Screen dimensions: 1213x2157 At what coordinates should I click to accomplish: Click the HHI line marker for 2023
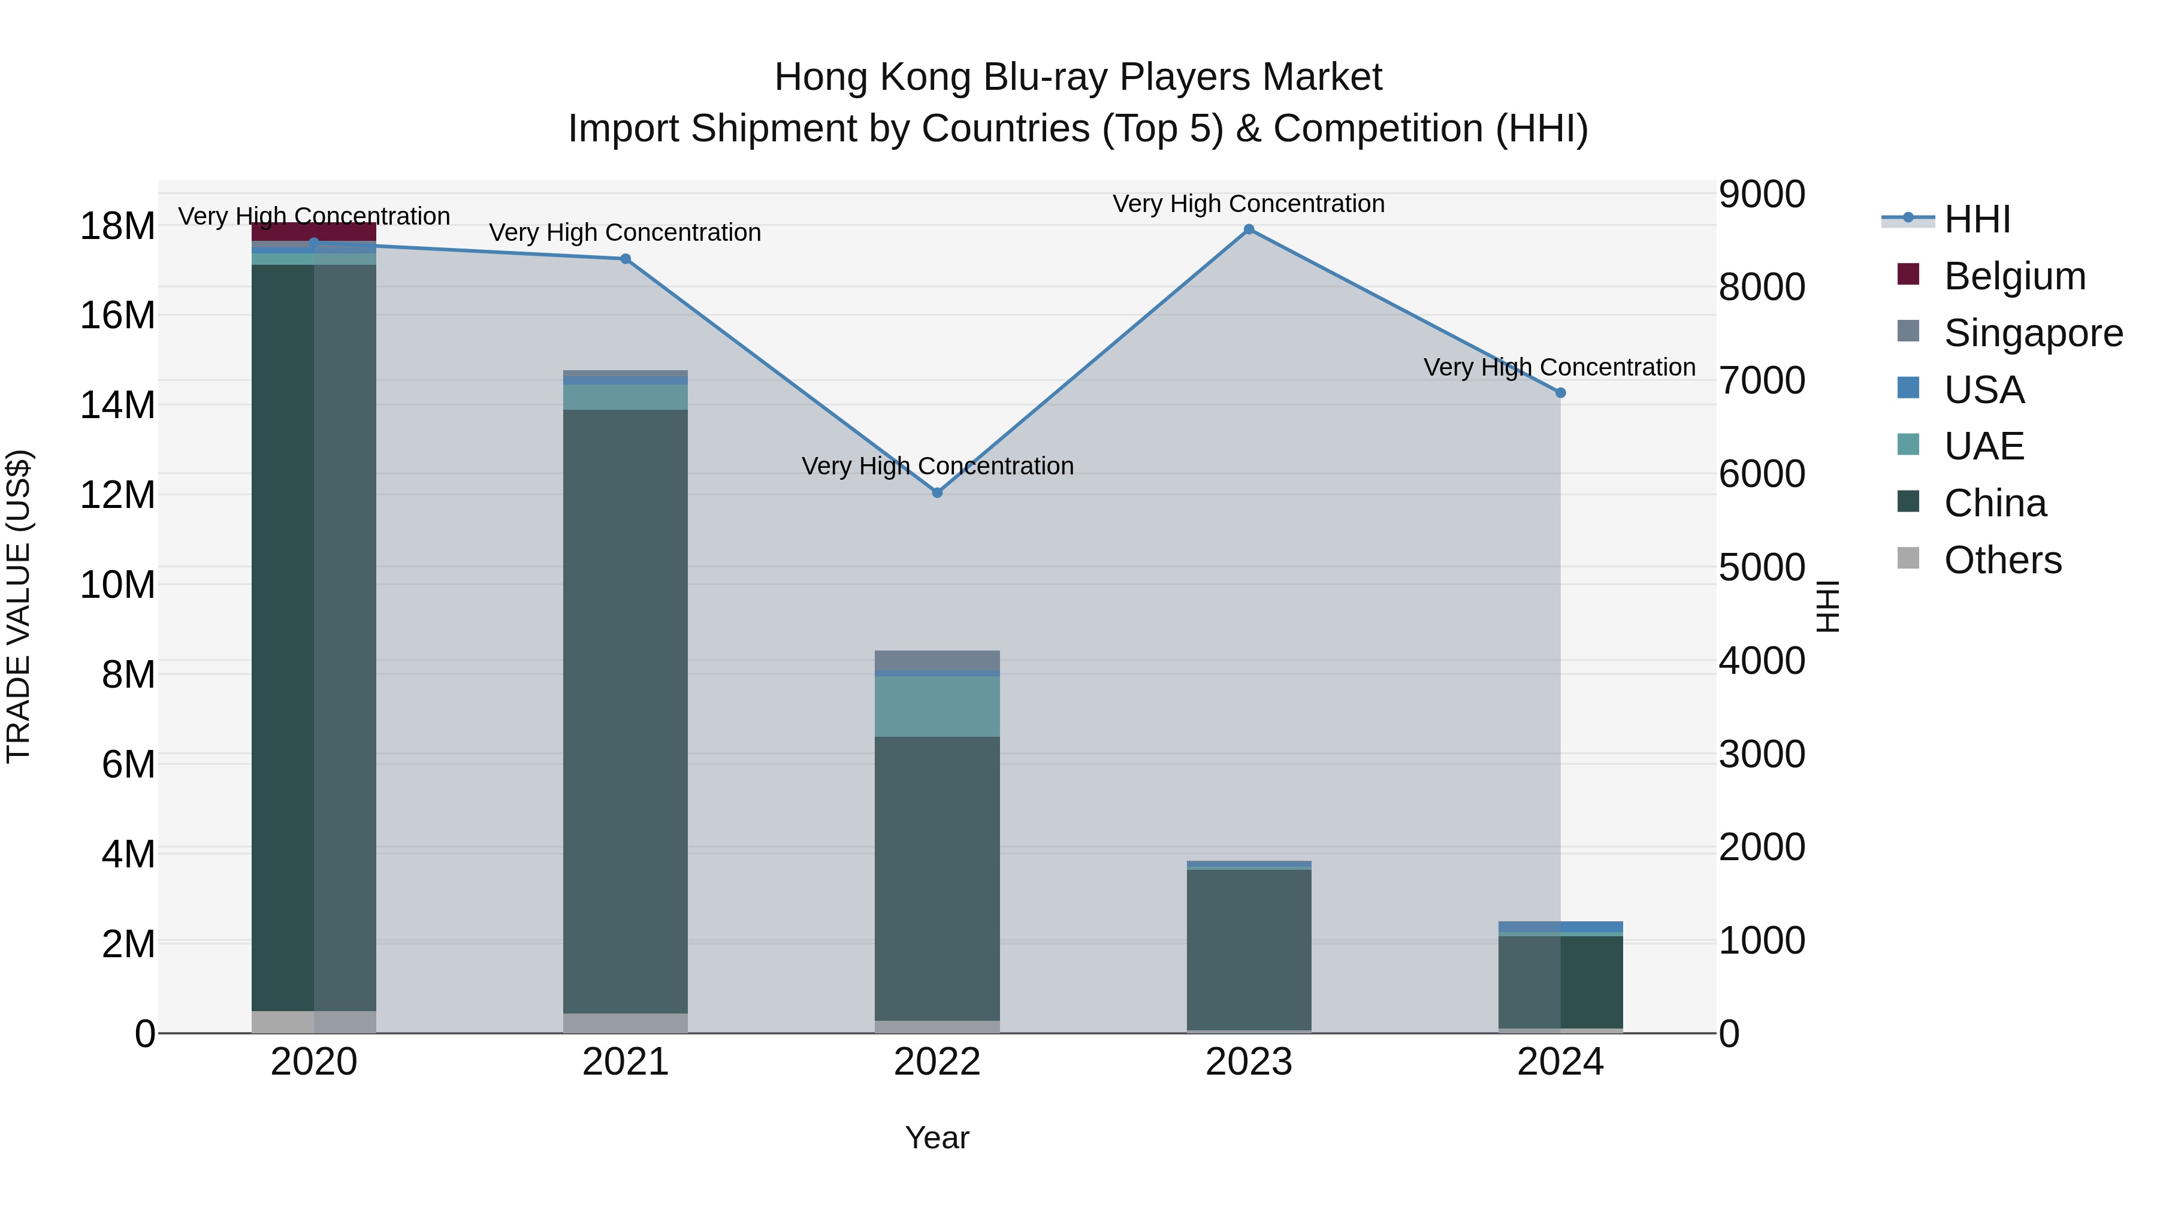point(1249,229)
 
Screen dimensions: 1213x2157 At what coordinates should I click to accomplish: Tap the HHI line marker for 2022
point(937,493)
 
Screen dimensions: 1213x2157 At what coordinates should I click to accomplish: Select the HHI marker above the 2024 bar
point(1560,392)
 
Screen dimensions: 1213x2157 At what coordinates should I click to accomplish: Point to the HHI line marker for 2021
point(626,259)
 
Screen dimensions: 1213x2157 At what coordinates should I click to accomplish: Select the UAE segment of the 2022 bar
point(937,706)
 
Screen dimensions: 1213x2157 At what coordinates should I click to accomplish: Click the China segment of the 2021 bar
point(626,712)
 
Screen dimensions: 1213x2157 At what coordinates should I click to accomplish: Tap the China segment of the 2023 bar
point(1249,950)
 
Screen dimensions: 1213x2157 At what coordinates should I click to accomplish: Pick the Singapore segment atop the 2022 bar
point(937,660)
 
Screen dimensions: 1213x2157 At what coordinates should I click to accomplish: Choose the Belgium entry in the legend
point(2014,276)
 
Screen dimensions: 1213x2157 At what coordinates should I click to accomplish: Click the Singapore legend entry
point(2032,333)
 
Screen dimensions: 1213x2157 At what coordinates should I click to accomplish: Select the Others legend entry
point(2002,560)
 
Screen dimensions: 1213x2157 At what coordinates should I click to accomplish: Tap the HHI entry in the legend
point(1976,219)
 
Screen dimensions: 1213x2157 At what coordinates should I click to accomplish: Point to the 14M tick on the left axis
point(117,405)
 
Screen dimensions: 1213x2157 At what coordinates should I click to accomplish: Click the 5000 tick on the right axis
point(1762,568)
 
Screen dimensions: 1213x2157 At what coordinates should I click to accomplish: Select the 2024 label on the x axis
point(1560,1062)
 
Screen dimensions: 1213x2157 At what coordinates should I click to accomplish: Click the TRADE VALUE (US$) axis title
point(19,606)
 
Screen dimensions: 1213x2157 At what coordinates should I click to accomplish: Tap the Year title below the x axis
point(937,1138)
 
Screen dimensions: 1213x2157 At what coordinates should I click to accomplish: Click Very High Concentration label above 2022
point(937,466)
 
